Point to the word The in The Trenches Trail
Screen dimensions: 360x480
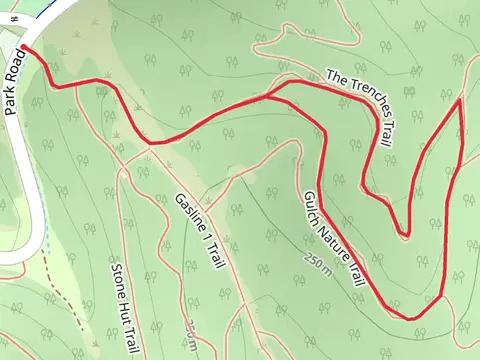point(335,75)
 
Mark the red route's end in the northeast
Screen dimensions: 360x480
point(459,100)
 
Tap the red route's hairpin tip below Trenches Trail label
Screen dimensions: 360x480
point(405,236)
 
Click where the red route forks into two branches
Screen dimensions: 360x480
point(268,96)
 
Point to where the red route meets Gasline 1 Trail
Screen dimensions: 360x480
point(153,143)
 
